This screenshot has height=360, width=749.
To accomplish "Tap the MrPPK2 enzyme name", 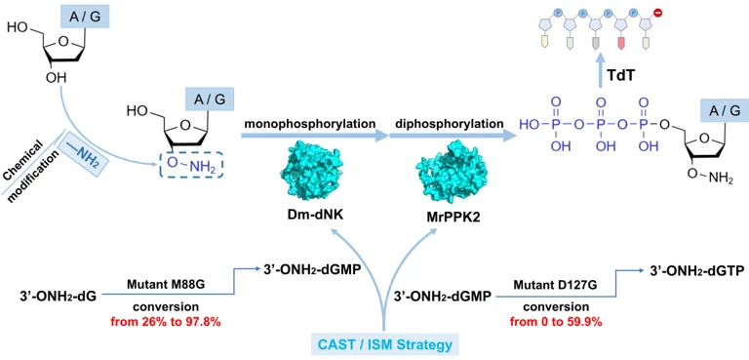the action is click(436, 218).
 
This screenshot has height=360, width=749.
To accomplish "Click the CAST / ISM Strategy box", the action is click(384, 343).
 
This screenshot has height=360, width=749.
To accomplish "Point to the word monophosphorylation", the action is click(310, 123).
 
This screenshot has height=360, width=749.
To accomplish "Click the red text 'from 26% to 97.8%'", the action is click(165, 322).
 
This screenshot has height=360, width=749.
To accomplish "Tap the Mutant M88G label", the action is click(165, 286).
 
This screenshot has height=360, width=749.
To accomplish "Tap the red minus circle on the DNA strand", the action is click(657, 15).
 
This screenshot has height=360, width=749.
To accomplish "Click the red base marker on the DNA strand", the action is click(621, 44).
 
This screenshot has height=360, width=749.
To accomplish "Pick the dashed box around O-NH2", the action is click(191, 166).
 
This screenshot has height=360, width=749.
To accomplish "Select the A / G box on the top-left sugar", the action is click(85, 18).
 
